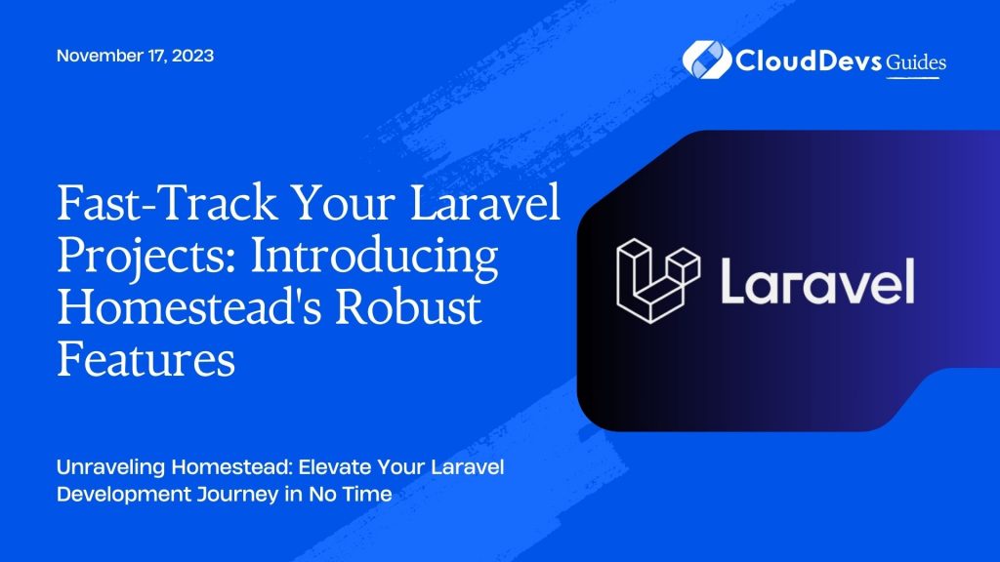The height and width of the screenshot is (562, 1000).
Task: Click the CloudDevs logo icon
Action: (701, 60)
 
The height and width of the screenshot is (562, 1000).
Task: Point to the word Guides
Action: (916, 61)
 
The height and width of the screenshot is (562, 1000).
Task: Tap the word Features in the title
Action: (146, 361)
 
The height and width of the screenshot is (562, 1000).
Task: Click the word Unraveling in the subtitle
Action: (106, 467)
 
